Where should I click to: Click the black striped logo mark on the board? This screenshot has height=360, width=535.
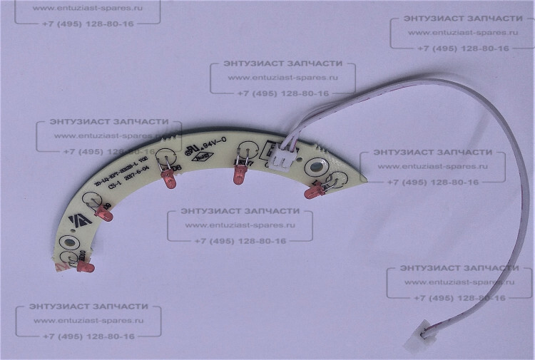71,223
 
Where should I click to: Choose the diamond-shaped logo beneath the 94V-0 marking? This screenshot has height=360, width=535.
204,153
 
